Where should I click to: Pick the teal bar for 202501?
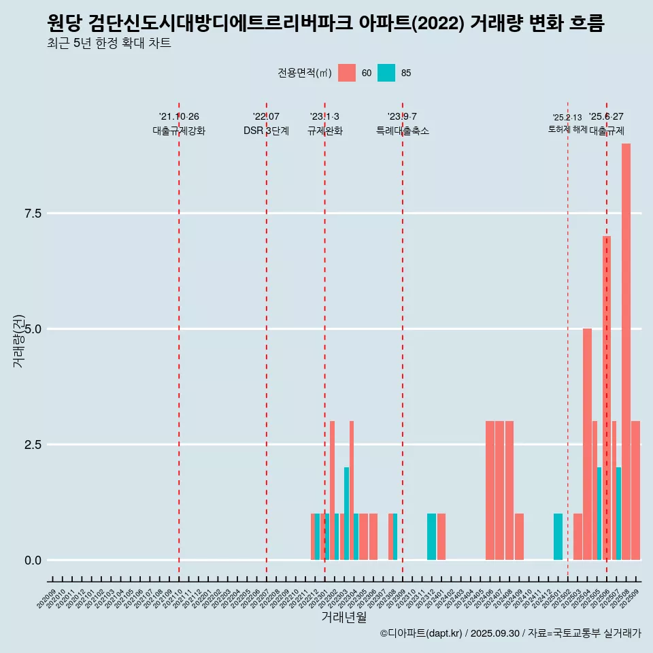(x=558, y=537)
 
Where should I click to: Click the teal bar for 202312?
(x=431, y=537)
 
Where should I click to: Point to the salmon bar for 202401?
(x=441, y=537)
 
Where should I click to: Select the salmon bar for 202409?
(x=519, y=537)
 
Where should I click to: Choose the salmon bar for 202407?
(x=499, y=490)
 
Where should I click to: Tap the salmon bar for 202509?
(x=636, y=490)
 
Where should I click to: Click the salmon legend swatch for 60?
(x=347, y=73)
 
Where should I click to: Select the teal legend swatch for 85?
(x=386, y=73)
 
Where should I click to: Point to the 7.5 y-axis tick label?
(x=33, y=214)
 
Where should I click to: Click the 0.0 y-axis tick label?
(x=33, y=560)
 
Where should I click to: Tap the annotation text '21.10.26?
(x=179, y=117)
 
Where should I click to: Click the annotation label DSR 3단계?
(x=266, y=131)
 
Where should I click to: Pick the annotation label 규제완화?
(x=324, y=131)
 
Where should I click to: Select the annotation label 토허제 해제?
(x=567, y=129)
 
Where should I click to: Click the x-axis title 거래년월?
(x=344, y=617)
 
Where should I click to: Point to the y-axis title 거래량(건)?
(x=18, y=341)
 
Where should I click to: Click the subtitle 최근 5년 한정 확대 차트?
(x=109, y=44)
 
